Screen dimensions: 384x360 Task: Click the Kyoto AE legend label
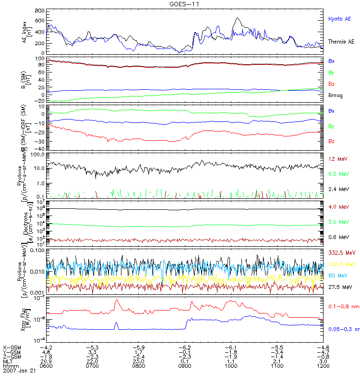tap(339, 19)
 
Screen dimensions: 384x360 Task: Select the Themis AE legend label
tap(341, 42)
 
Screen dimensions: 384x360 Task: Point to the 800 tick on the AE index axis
tap(40, 11)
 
